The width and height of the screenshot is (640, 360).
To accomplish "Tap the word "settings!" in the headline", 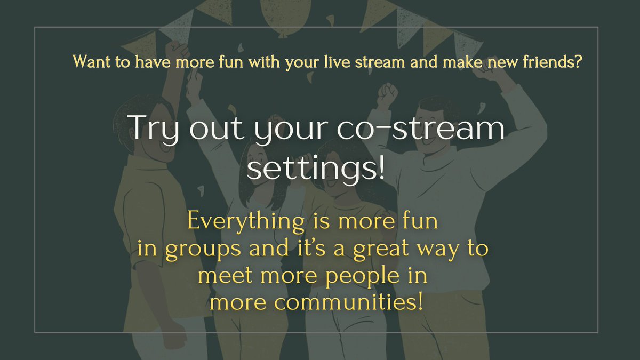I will click(x=316, y=169).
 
